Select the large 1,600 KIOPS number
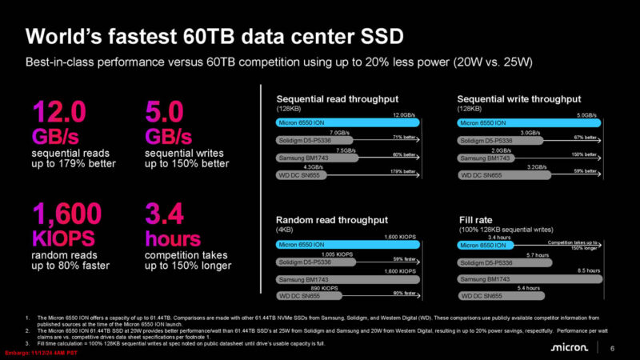click(x=67, y=215)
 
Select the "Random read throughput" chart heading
click(x=331, y=220)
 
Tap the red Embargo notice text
click(x=40, y=353)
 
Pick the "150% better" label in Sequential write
click(x=585, y=154)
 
